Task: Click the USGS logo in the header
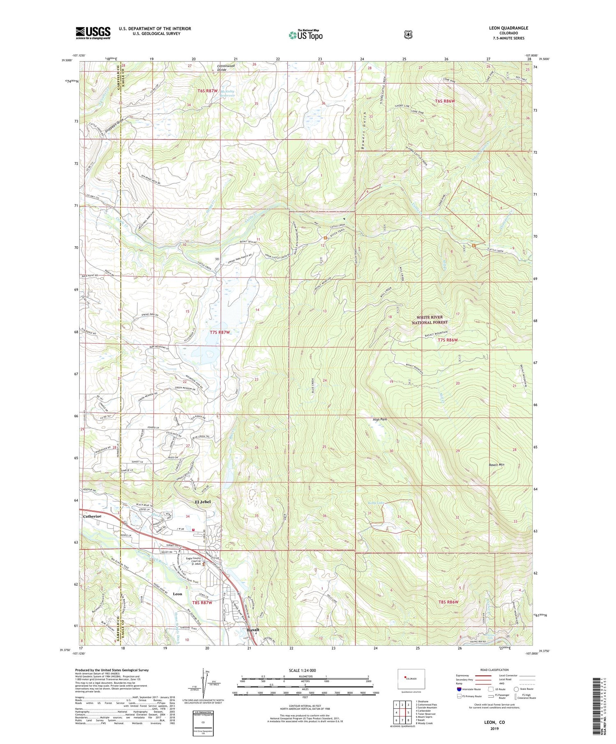93,32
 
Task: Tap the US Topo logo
306,34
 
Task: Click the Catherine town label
92,516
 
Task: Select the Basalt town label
253,630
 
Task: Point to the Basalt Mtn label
496,465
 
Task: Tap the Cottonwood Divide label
227,68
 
